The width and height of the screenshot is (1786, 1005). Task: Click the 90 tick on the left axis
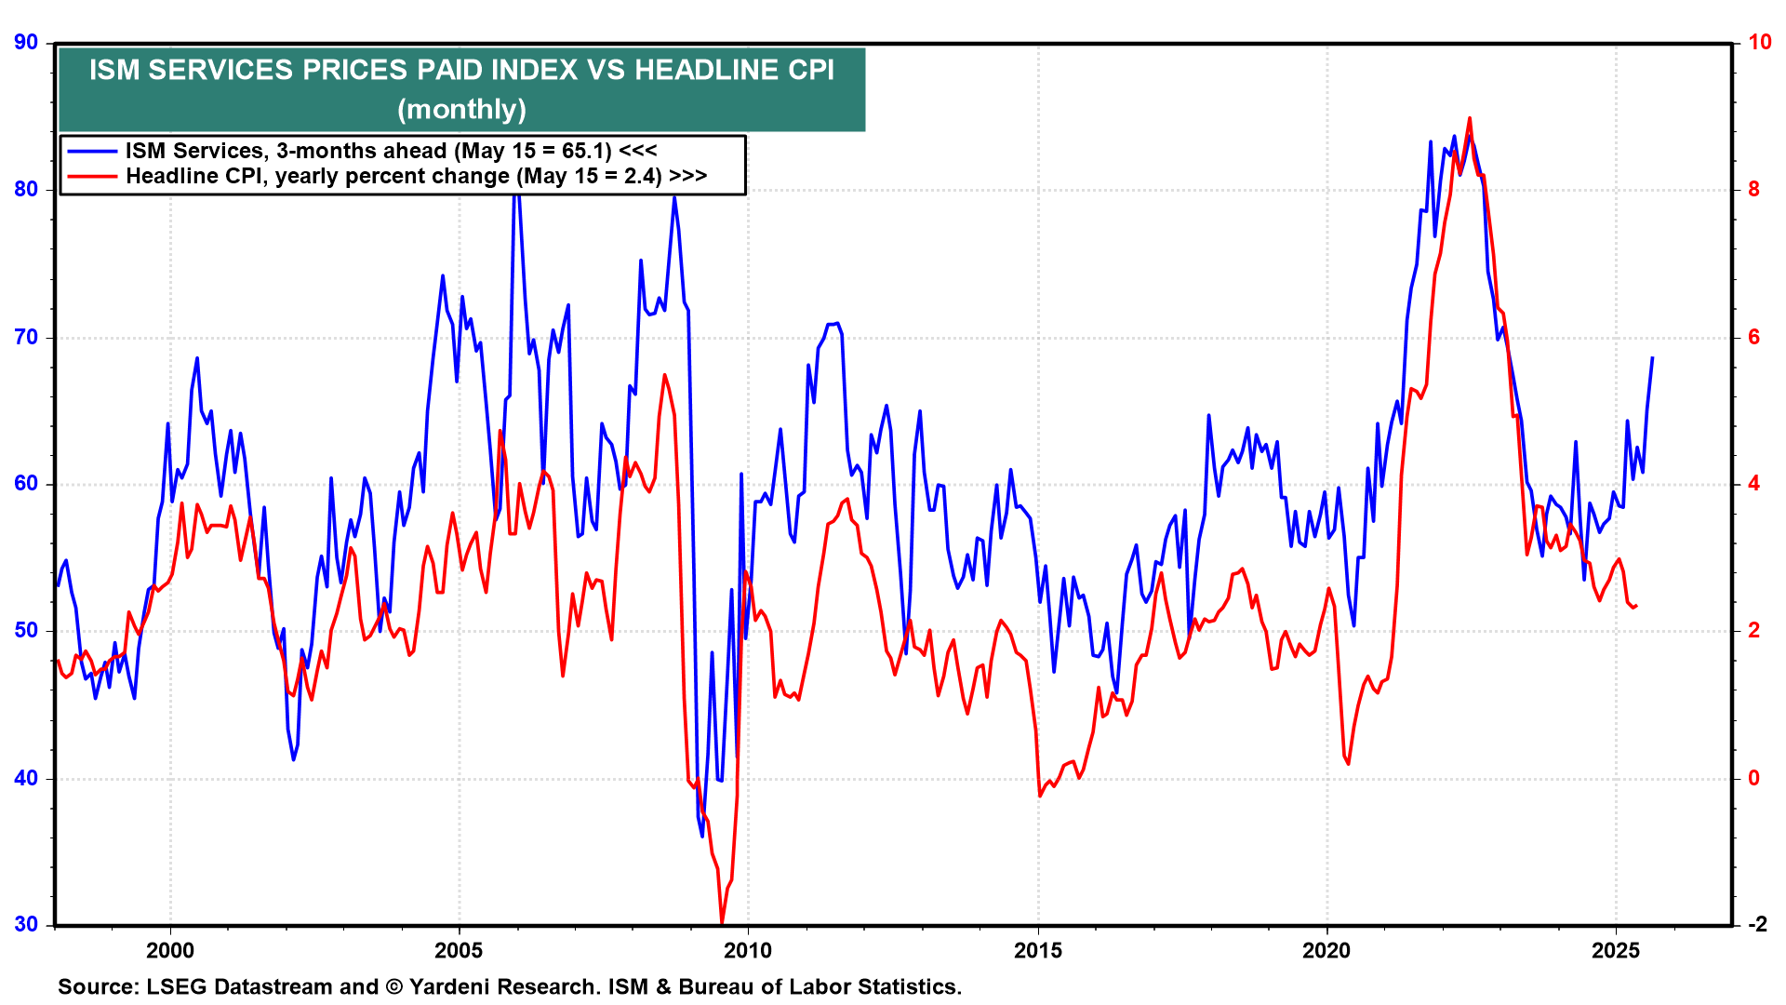click(x=26, y=43)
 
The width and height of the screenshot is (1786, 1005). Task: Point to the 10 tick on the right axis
click(x=1759, y=43)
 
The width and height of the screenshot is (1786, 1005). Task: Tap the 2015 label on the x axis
click(x=1037, y=950)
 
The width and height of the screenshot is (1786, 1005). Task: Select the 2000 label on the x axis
click(x=170, y=950)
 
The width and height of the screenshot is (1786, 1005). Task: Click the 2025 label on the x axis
click(x=1616, y=950)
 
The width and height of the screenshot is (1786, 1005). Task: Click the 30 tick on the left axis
click(x=26, y=924)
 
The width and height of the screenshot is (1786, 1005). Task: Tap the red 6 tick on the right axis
click(x=1753, y=337)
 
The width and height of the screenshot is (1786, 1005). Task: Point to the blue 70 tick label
click(x=26, y=337)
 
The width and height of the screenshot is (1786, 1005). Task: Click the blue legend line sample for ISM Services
click(x=92, y=151)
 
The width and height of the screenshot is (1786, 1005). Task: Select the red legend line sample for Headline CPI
click(x=92, y=176)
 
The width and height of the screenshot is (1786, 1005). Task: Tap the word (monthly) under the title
click(x=461, y=110)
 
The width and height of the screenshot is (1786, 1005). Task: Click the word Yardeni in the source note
click(x=454, y=986)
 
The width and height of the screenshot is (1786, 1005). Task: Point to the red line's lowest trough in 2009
click(x=722, y=922)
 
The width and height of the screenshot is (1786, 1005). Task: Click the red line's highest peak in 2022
click(x=1470, y=118)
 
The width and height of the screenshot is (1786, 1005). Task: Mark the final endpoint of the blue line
click(x=1652, y=358)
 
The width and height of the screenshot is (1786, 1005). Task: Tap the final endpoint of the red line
click(x=1636, y=606)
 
